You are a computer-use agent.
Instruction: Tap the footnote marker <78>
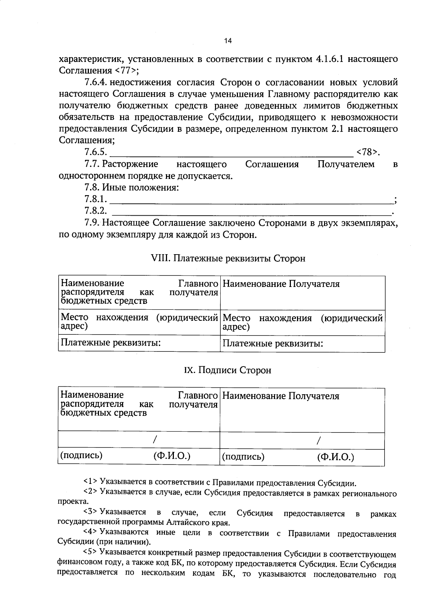(x=367, y=153)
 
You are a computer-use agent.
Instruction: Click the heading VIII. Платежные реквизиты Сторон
(x=228, y=259)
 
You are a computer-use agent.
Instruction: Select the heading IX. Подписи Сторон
(x=228, y=370)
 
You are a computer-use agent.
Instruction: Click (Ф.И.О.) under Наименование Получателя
(x=336, y=457)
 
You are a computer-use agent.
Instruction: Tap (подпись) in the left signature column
(x=81, y=456)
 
